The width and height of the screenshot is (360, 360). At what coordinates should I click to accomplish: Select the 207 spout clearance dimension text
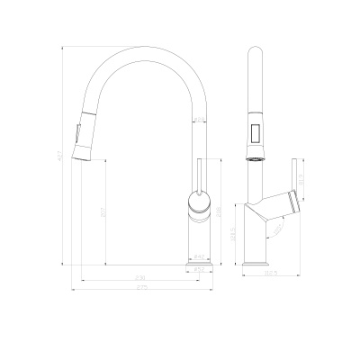(x=103, y=214)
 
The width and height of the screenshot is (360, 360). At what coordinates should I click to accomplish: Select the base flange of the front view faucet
(x=198, y=262)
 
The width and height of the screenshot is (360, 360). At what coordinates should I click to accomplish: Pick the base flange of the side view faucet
(x=259, y=262)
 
